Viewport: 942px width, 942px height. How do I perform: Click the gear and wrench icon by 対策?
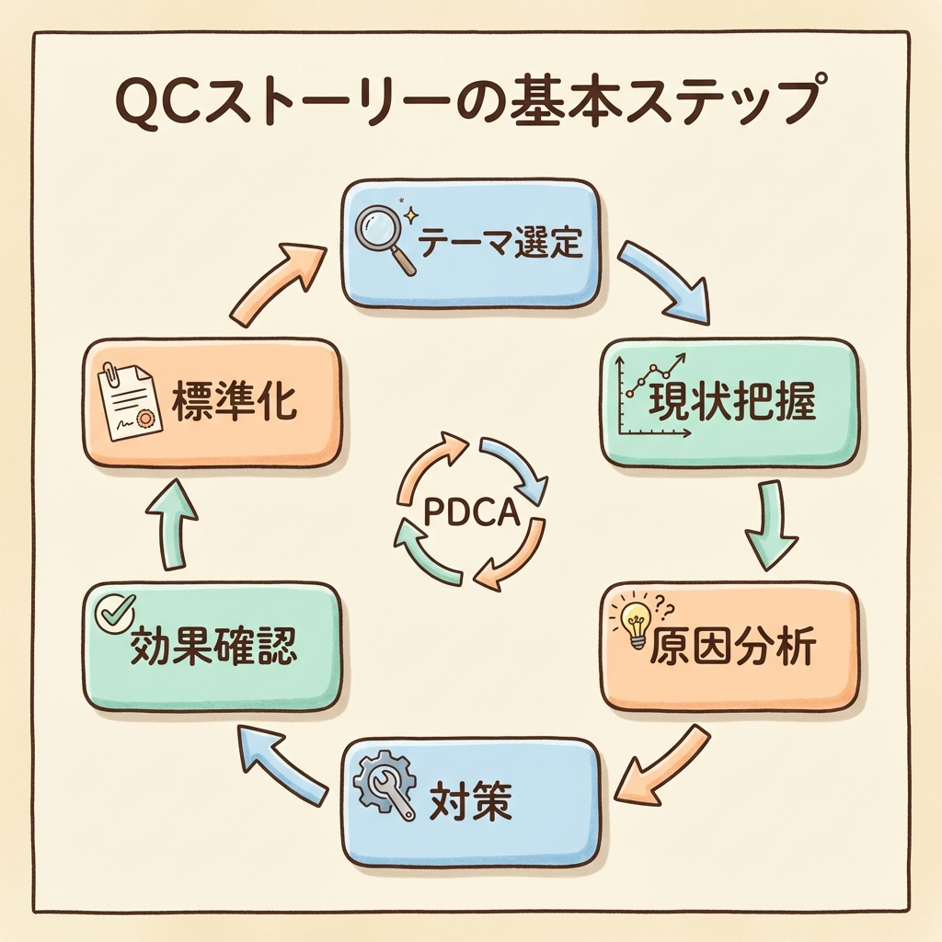coord(385,789)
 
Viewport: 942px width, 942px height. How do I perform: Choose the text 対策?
coord(471,803)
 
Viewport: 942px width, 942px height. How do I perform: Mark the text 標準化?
coord(234,404)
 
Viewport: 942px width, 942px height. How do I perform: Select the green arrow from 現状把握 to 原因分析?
coord(766,525)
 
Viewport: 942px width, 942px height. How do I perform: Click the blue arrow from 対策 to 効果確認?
coord(281,760)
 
